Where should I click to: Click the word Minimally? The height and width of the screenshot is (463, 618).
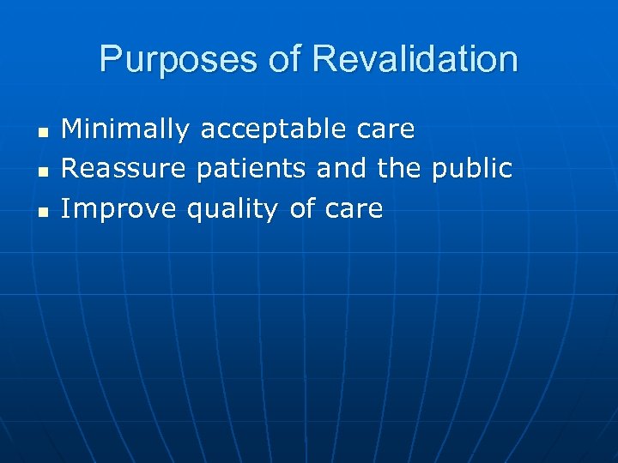(x=126, y=130)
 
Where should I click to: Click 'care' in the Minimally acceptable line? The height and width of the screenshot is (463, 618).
(x=385, y=130)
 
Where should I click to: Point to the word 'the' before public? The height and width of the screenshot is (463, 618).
(x=399, y=169)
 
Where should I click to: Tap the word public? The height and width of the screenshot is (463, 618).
(x=471, y=169)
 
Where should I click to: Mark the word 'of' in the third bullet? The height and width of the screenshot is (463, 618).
(x=302, y=208)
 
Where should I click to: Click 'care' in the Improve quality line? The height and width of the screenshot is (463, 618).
(x=354, y=208)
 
